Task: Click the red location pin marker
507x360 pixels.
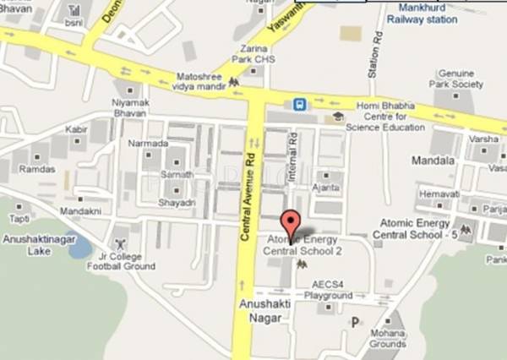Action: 291,224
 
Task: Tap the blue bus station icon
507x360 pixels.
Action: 300,105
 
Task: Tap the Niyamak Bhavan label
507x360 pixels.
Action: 129,111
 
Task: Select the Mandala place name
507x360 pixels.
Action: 433,159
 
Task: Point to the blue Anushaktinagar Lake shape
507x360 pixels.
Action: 79,247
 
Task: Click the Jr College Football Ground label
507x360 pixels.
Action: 121,260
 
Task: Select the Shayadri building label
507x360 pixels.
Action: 177,202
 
